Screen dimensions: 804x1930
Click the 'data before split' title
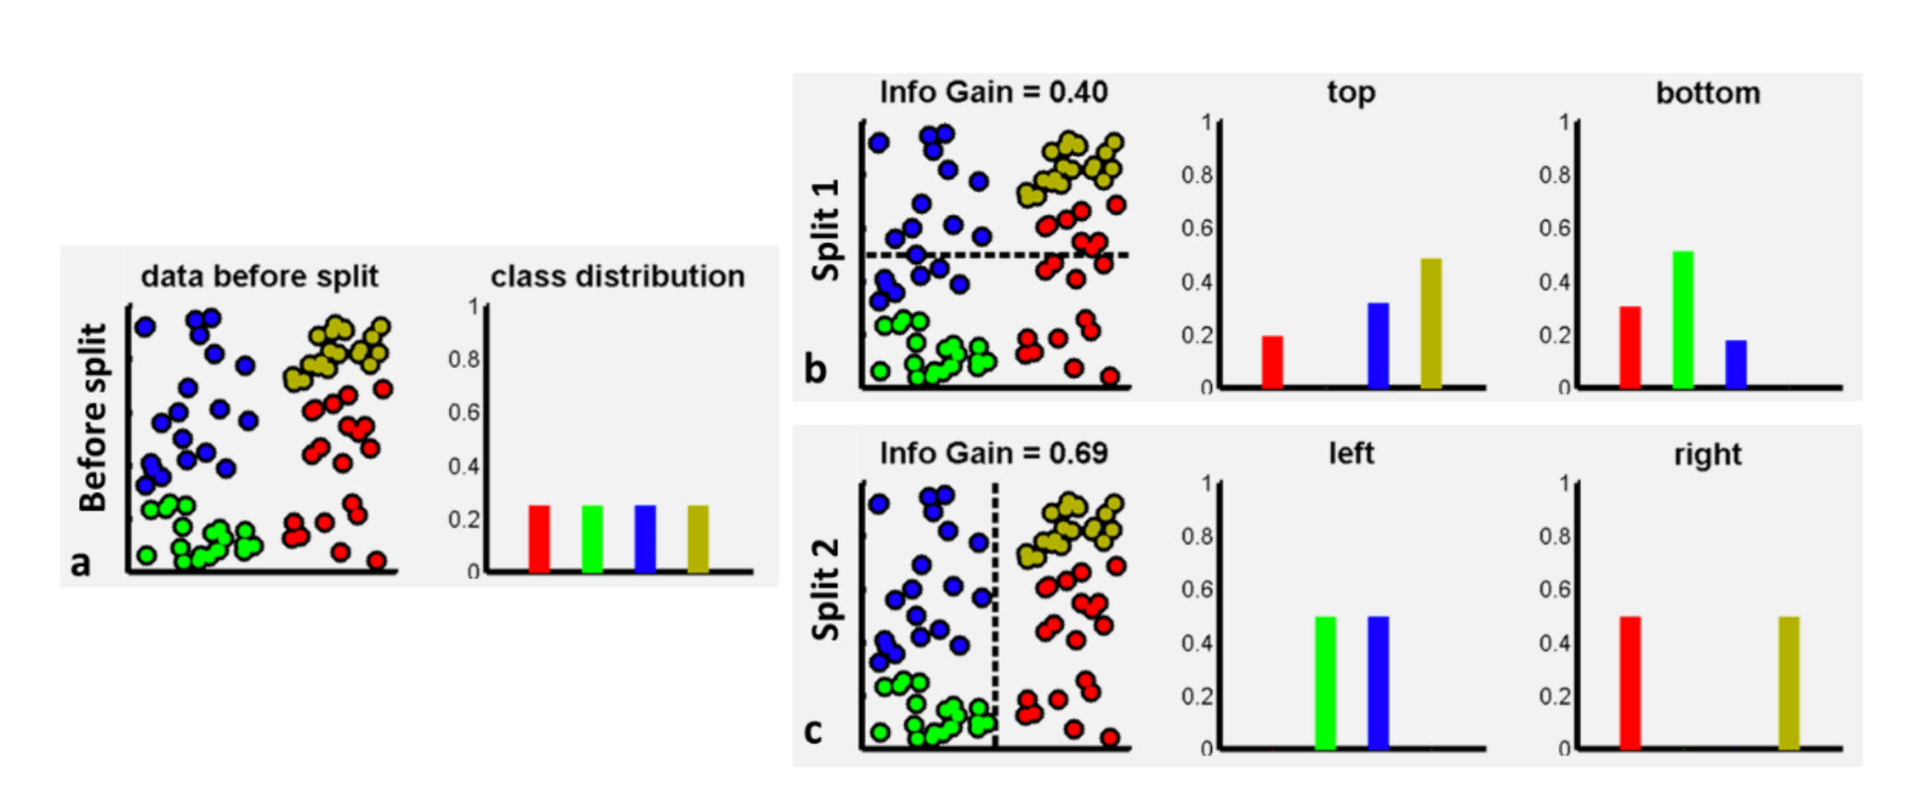click(259, 276)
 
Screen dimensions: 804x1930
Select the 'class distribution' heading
click(617, 276)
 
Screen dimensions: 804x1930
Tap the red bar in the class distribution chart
click(539, 539)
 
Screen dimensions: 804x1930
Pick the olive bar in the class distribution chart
click(698, 539)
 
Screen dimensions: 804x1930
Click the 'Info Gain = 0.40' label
click(993, 92)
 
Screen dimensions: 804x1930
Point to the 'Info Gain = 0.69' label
click(993, 453)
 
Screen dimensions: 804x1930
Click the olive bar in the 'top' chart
click(1431, 323)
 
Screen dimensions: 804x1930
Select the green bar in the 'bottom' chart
click(1682, 319)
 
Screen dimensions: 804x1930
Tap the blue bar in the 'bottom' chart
click(1735, 364)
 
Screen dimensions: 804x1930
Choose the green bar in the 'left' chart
click(1325, 683)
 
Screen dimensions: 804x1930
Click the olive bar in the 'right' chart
click(1789, 683)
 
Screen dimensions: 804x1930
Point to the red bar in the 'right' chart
click(1630, 683)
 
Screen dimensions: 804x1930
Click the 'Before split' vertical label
click(93, 418)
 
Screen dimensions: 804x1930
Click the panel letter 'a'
click(81, 563)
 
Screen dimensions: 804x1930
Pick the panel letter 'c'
click(814, 731)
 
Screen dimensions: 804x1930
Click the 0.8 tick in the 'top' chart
click(1196, 174)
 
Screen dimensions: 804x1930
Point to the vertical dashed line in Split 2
click(995, 615)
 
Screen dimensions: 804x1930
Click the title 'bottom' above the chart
click(1708, 93)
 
